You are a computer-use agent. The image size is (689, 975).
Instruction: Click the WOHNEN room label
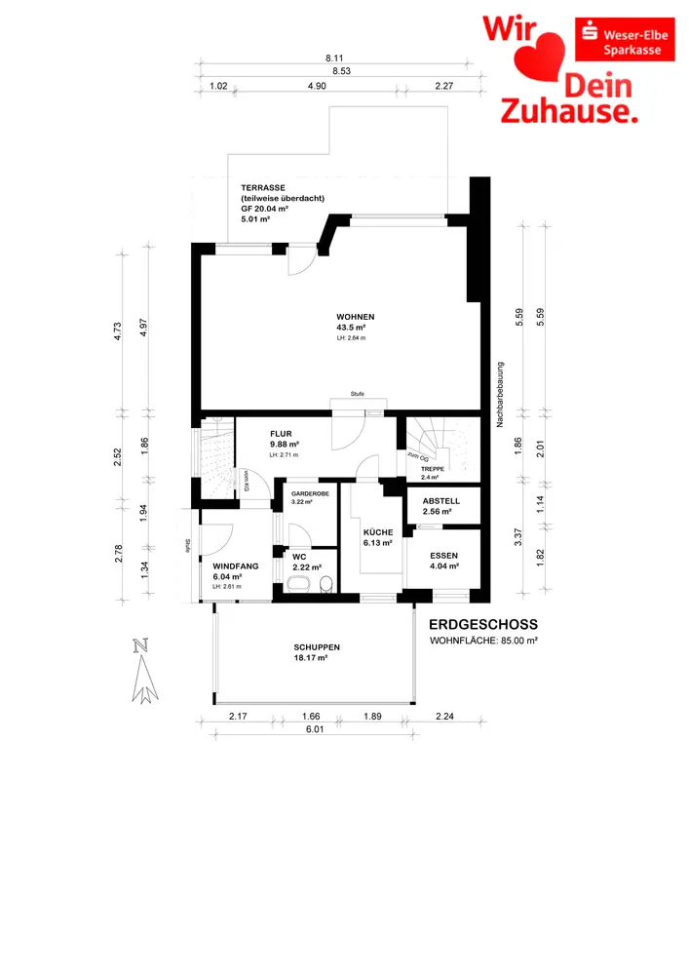355,318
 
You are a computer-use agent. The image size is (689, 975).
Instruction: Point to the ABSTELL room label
440,501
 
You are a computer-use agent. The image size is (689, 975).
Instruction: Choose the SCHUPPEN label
317,647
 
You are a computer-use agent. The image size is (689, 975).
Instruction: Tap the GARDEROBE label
310,494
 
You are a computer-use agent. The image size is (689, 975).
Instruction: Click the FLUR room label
283,436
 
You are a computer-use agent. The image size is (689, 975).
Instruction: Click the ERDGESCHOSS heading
483,624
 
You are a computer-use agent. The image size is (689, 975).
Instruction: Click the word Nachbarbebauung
498,395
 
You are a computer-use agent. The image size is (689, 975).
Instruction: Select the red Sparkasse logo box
623,38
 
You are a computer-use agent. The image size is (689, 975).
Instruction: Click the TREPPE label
432,469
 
